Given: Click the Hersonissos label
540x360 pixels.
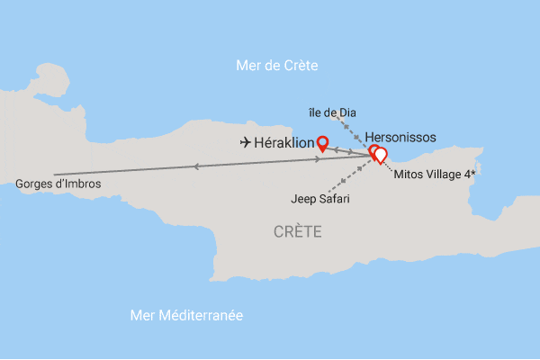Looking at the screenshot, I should (400, 137).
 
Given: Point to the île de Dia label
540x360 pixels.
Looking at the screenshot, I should (331, 112).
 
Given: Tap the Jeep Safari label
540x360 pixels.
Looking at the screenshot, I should (319, 198).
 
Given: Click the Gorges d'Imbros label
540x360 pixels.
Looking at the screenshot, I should (58, 184).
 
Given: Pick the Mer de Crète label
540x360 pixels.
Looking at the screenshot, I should (277, 65).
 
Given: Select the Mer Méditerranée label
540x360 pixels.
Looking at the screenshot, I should (187, 316).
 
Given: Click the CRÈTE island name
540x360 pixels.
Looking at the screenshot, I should (298, 232).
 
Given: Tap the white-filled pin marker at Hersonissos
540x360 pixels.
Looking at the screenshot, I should (380, 155).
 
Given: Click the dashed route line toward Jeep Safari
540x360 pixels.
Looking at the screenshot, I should (351, 177).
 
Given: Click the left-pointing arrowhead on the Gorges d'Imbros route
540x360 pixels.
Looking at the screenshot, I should (195, 166).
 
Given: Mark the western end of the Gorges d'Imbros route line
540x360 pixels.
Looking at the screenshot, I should (55, 174).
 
